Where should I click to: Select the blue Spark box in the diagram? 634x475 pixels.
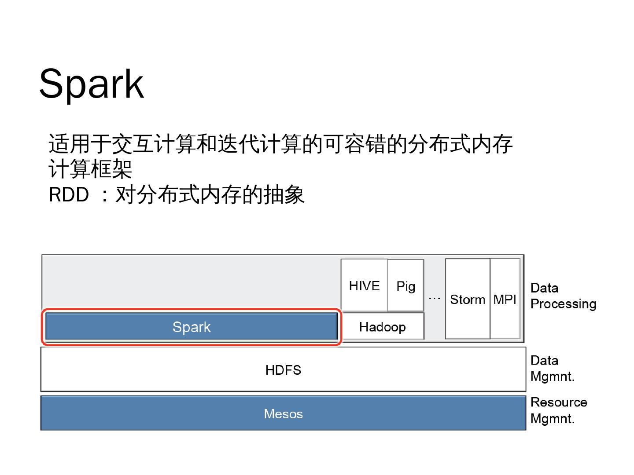192,327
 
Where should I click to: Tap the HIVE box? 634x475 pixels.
364,286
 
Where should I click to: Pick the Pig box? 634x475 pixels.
405,286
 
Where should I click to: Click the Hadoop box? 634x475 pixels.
382,327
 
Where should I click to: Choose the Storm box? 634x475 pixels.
467,300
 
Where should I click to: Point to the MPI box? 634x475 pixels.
505,300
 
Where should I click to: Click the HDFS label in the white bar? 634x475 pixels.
283,370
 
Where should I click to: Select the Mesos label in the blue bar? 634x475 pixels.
283,414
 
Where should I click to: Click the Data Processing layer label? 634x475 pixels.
563,296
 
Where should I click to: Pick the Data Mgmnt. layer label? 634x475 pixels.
553,369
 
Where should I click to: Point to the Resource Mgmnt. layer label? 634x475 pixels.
558,410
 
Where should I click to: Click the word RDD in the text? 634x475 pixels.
69,195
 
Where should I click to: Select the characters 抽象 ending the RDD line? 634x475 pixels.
284,195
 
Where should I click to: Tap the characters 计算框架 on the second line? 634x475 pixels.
90,169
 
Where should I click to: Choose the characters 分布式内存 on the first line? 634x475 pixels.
460,144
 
